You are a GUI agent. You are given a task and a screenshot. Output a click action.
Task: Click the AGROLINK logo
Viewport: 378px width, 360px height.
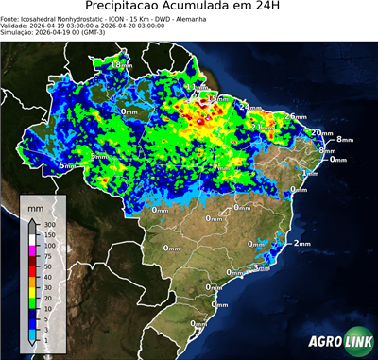(x=337, y=341)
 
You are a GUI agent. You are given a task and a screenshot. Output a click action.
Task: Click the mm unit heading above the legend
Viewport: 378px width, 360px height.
(x=36, y=205)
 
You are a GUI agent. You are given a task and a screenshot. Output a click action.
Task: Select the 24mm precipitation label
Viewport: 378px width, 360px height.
(x=250, y=108)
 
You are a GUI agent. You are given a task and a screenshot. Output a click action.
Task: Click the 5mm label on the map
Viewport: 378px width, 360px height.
(x=67, y=166)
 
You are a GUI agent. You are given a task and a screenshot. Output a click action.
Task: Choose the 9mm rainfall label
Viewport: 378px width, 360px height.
(x=98, y=156)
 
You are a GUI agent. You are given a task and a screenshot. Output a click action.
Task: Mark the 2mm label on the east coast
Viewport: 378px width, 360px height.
(x=301, y=243)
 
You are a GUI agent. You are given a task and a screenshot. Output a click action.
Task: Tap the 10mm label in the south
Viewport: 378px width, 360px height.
(x=220, y=305)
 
